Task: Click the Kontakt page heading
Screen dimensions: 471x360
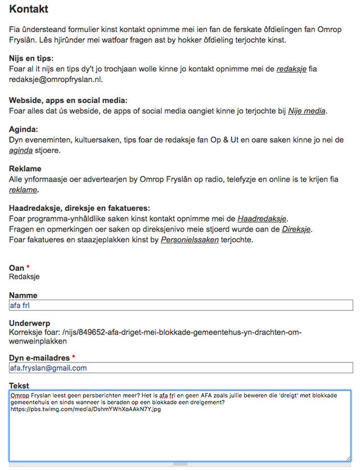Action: (29, 9)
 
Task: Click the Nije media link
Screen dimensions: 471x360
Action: (307, 111)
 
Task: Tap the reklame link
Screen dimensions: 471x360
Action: (24, 190)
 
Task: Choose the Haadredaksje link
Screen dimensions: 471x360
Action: (263, 219)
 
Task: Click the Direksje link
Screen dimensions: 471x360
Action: (296, 229)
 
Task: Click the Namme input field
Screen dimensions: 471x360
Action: (181, 305)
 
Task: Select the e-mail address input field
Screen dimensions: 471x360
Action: (181, 368)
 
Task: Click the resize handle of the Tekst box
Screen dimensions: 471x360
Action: (348, 459)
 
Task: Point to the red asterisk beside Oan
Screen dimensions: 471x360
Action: (28, 268)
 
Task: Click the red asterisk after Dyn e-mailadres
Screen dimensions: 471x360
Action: (73, 357)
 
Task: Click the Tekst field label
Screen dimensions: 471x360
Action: (19, 386)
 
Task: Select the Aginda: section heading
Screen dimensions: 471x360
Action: (24, 129)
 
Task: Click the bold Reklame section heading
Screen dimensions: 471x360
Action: (25, 169)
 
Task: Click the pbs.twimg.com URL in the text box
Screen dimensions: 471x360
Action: (85, 409)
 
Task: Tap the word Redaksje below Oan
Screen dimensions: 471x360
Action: (24, 277)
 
